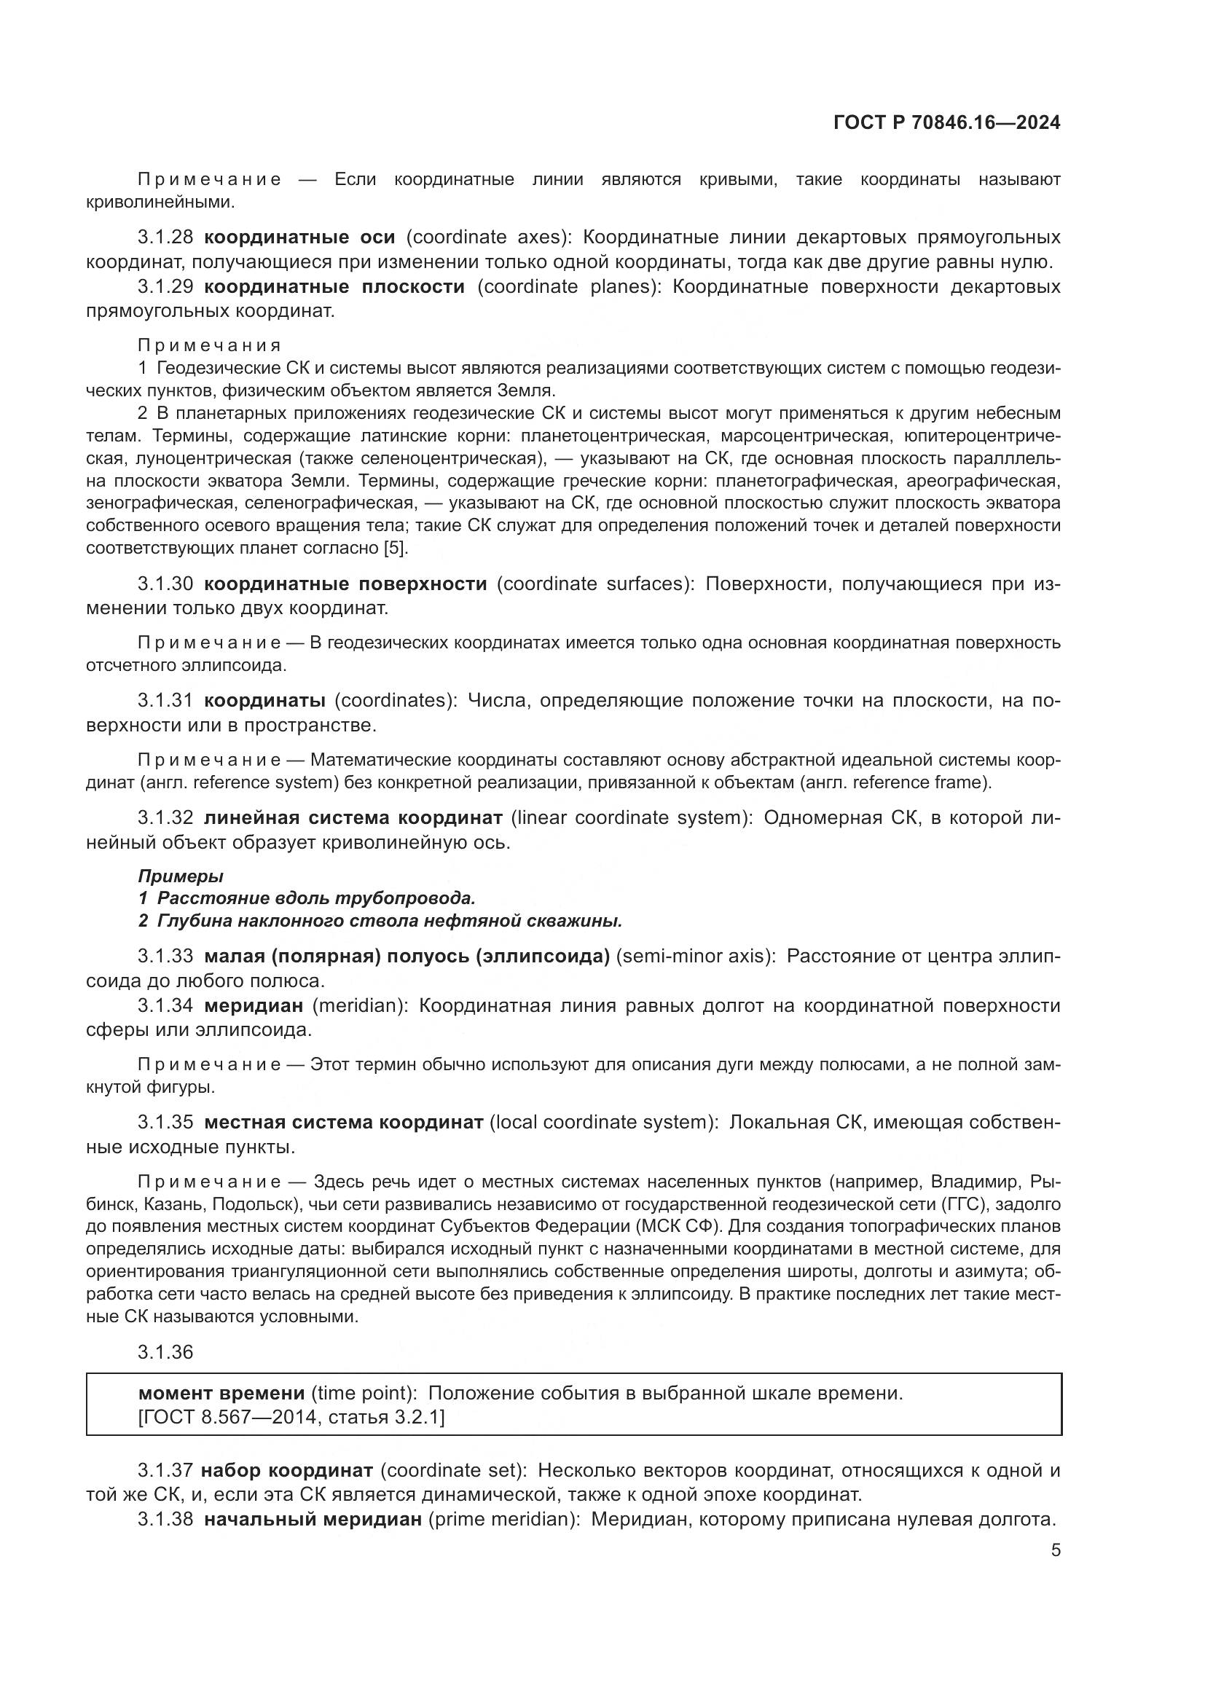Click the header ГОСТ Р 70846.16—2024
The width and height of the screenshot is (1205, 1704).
[x=947, y=123]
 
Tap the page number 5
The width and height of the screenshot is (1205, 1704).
[x=1055, y=1550]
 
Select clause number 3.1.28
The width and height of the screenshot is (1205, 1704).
[x=165, y=237]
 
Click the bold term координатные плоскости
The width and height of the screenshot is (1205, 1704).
[x=334, y=286]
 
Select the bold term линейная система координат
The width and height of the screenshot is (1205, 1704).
[x=353, y=818]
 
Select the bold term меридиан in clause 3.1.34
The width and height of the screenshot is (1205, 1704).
[x=254, y=1005]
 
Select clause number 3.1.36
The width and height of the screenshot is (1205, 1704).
[x=165, y=1352]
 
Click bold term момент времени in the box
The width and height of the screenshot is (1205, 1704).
[x=221, y=1393]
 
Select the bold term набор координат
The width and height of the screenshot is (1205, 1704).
[x=286, y=1470]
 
